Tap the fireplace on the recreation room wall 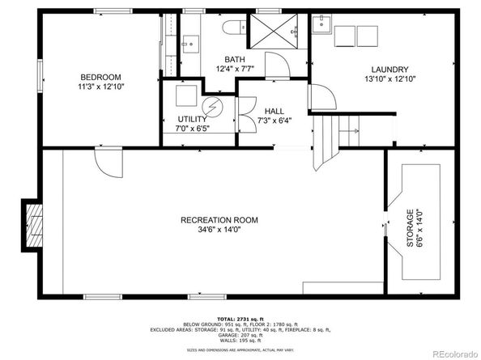[33, 222]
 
